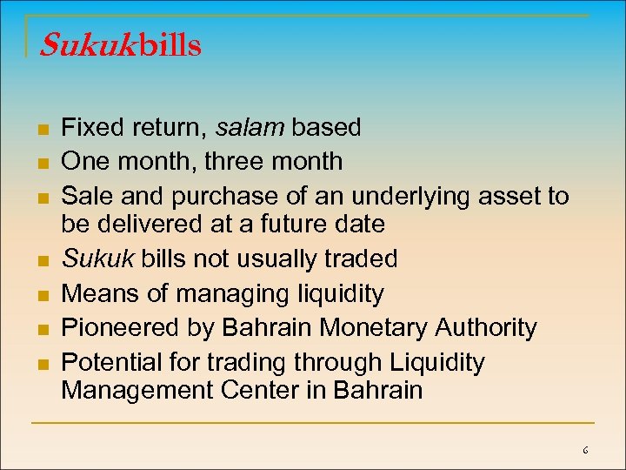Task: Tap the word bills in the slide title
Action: pyautogui.click(x=170, y=45)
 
